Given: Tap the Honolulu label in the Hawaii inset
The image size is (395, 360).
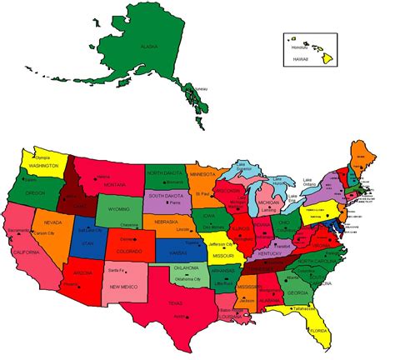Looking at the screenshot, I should coord(299,47).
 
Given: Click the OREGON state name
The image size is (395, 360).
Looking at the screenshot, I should coord(35,192).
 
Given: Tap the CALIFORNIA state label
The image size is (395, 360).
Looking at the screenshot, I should coord(25,251).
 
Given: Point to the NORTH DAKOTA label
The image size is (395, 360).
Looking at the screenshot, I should coord(166,172).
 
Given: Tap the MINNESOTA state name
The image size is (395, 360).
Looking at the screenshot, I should coord(202,175).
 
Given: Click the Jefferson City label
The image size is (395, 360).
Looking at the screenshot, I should coord(224,244).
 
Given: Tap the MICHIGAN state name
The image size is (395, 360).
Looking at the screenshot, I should coord(268,202).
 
